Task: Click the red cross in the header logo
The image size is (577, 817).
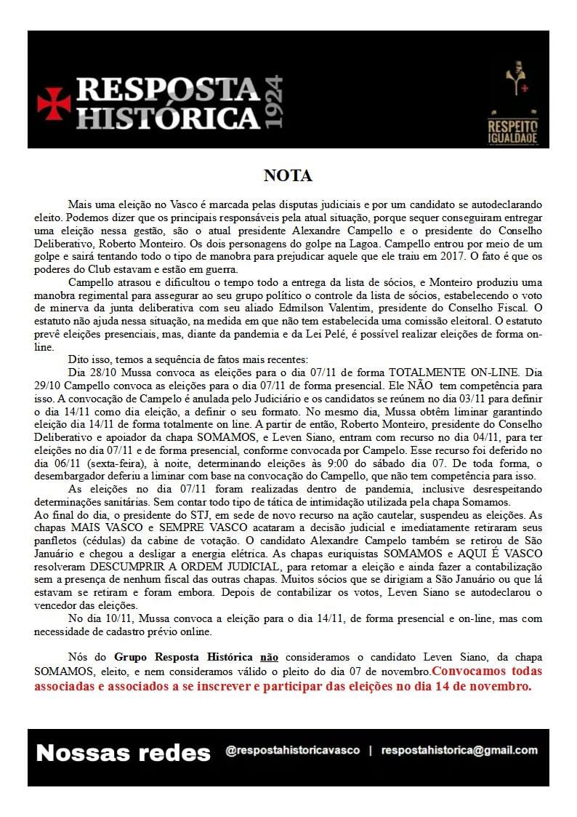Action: point(54,103)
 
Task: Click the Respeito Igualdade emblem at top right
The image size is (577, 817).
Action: point(517,103)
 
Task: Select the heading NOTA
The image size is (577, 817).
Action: point(288,176)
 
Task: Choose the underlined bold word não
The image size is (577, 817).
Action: point(269,656)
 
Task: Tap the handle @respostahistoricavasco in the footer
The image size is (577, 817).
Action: point(293,750)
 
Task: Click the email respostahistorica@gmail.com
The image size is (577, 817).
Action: point(459,750)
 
